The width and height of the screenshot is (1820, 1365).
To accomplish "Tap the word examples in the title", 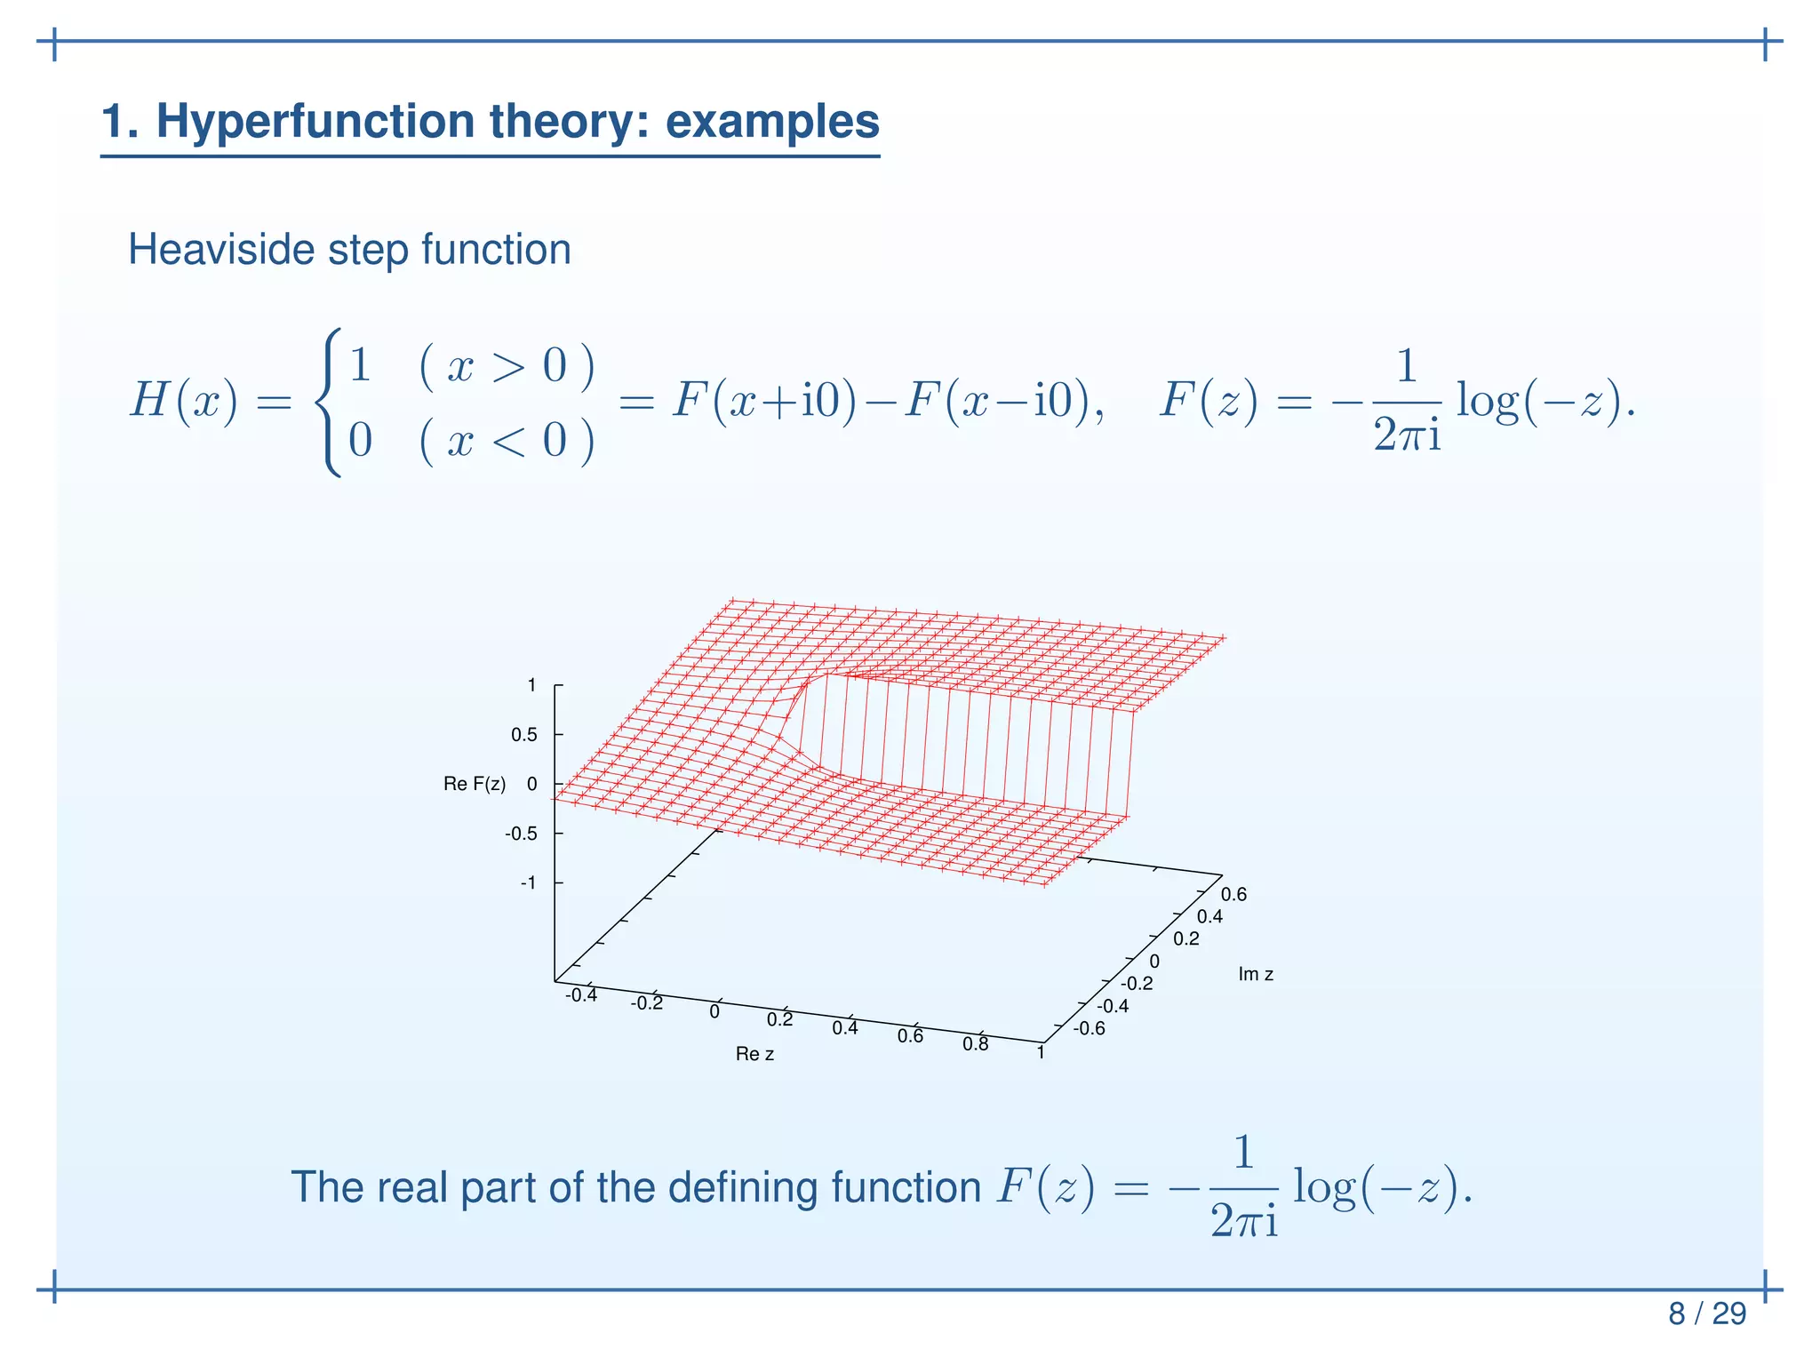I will (x=771, y=122).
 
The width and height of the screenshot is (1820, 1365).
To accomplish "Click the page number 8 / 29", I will (x=1706, y=1313).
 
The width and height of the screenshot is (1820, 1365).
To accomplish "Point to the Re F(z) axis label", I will (x=475, y=784).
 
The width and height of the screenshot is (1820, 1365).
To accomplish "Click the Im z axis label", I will (x=1255, y=974).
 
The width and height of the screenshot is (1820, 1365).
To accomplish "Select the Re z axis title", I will (x=754, y=1054).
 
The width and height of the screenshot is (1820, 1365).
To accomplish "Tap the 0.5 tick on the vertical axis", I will (x=523, y=735).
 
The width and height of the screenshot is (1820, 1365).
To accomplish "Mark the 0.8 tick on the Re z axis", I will (x=975, y=1044).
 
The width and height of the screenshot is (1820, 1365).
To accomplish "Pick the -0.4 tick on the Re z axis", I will (x=581, y=995).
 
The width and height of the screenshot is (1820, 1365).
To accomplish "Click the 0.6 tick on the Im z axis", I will (x=1233, y=895).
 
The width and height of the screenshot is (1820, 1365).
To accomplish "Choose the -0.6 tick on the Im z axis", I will (x=1089, y=1029).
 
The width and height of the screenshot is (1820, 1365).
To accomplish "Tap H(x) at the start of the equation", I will (x=184, y=400).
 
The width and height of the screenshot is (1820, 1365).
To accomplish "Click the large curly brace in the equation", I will (x=329, y=402).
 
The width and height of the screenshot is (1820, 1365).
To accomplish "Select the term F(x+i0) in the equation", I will (x=763, y=400).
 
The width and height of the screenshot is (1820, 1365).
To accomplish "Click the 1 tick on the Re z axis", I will (x=1041, y=1053).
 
